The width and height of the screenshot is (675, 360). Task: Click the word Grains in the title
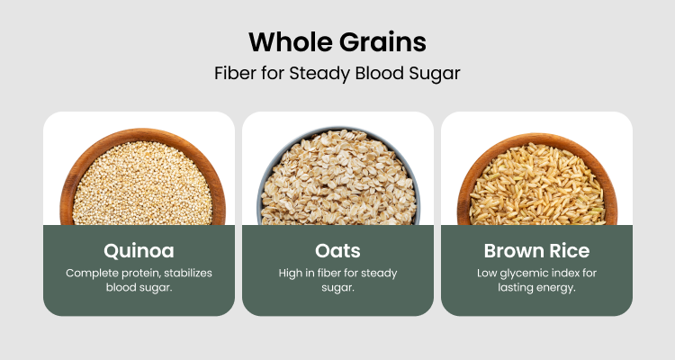[382, 42]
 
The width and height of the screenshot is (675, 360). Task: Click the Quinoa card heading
[139, 251]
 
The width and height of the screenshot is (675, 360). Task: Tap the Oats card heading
[337, 250]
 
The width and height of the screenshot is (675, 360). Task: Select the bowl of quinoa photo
[142, 177]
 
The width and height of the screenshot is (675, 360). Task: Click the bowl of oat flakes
[338, 176]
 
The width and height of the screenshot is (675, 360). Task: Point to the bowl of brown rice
[537, 180]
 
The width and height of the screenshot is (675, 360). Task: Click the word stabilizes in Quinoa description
[188, 273]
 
